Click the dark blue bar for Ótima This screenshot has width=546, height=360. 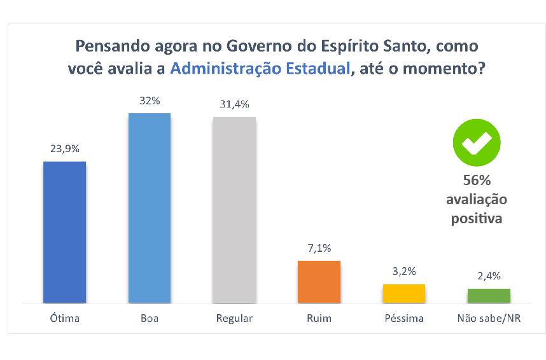point(64,232)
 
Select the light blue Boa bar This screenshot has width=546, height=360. point(150,207)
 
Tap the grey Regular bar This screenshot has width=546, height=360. point(234,209)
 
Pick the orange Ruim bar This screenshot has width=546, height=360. point(319,281)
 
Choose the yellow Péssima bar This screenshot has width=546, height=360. point(404,293)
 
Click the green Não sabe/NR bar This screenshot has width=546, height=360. point(489,295)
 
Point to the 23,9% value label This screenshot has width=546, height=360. point(64,148)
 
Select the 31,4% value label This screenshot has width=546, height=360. point(234,104)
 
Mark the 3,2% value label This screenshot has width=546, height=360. point(404,271)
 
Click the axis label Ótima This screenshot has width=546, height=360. point(64,318)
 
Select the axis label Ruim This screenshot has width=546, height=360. point(319,318)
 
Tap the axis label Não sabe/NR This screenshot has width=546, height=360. point(489,318)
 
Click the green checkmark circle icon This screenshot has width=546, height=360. point(477,142)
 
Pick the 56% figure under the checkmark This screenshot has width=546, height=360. point(477,180)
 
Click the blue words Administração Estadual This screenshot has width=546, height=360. point(260,69)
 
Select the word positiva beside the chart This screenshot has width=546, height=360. point(477,219)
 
